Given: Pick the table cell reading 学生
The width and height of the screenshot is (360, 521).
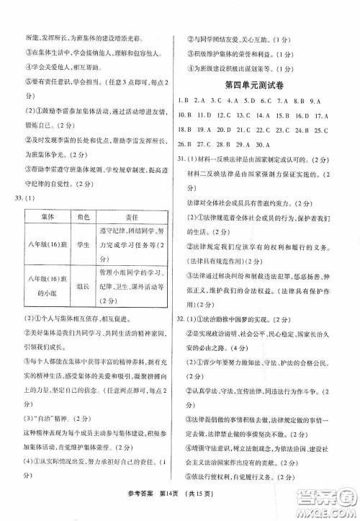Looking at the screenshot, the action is coord(84,245).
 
